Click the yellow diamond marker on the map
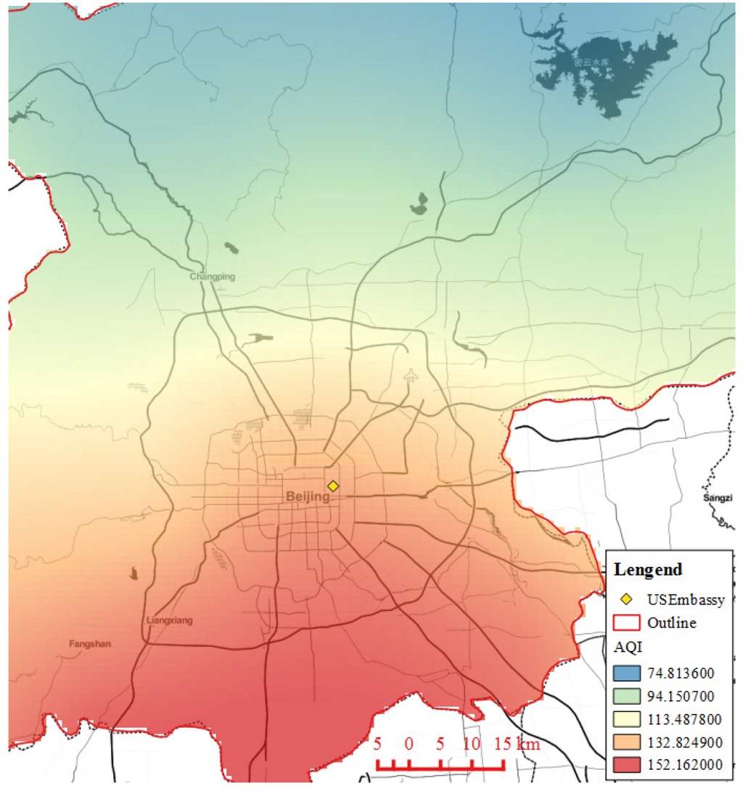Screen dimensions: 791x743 [333, 486]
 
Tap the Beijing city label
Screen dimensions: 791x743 [308, 497]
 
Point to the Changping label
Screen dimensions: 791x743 [213, 276]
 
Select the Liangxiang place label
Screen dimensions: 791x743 [170, 621]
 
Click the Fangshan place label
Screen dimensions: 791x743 [90, 644]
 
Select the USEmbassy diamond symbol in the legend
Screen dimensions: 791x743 [626, 599]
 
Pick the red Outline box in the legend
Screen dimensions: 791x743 [626, 623]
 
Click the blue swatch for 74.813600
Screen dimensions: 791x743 [626, 672]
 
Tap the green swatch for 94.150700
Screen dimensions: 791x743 [626, 696]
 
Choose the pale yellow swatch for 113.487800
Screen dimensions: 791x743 [626, 719]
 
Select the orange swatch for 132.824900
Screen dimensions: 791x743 [626, 742]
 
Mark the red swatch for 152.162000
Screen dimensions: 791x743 [626, 766]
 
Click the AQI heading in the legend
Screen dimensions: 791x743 [625, 647]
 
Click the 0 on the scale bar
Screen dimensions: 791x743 [409, 745]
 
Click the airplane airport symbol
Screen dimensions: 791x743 [411, 376]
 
